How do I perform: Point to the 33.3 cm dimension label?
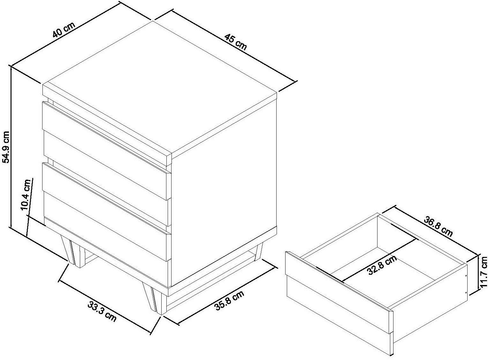[x=102, y=311]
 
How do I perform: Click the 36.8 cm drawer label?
[x=438, y=227]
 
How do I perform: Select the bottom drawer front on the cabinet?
[x=106, y=240]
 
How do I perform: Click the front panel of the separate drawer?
[x=339, y=304]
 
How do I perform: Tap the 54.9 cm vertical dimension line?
[x=10, y=147]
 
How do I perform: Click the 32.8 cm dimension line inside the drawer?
[x=378, y=260]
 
